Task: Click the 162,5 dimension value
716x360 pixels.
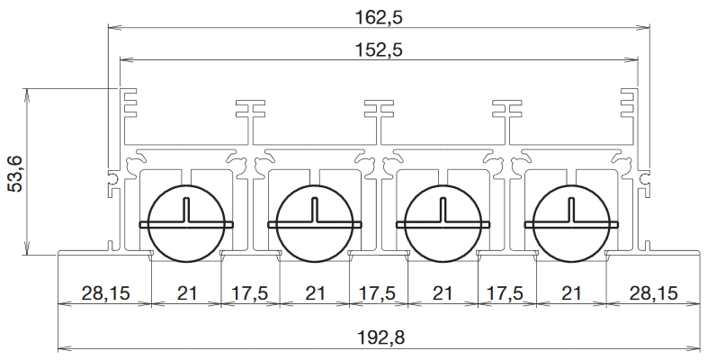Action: [379, 17]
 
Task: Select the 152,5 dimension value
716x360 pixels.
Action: [379, 49]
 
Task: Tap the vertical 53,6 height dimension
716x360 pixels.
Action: [16, 174]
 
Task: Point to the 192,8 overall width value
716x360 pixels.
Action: [380, 337]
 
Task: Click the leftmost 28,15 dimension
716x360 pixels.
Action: [105, 292]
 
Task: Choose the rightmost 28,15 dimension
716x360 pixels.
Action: [653, 292]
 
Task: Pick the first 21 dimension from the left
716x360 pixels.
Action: [186, 292]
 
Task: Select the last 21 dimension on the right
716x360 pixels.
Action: [571, 292]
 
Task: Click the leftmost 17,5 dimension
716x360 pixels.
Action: [250, 292]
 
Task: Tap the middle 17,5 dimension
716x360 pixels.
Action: [378, 292]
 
